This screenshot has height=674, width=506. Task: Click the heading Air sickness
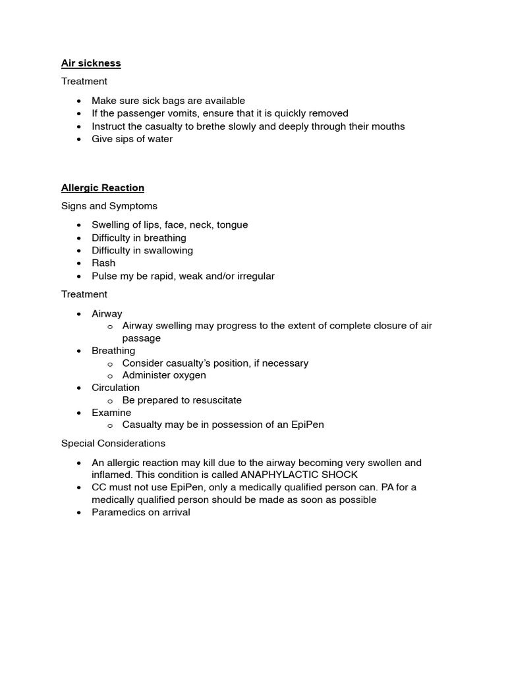coord(91,63)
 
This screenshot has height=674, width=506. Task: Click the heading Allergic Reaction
coord(102,188)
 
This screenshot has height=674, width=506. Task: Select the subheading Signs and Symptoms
coord(109,206)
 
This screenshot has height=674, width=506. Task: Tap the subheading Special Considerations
coord(113,443)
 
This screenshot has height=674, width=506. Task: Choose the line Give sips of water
coord(132,139)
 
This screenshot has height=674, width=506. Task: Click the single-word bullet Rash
coord(103,263)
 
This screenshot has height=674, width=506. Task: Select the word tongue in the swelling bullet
coord(230,224)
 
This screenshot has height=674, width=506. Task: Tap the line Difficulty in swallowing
coord(142,250)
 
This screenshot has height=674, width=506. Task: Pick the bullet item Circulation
coord(115,388)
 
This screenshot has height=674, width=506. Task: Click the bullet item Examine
coord(111,413)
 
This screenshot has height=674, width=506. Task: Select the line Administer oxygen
coord(164,375)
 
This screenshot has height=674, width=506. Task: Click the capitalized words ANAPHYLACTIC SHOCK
coord(300,475)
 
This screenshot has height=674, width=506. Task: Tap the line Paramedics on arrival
coord(140,512)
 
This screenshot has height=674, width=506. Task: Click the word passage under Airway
coord(141,338)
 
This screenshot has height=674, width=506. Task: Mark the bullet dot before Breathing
coord(80,351)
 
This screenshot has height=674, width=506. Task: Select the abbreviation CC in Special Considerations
coord(99,487)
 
